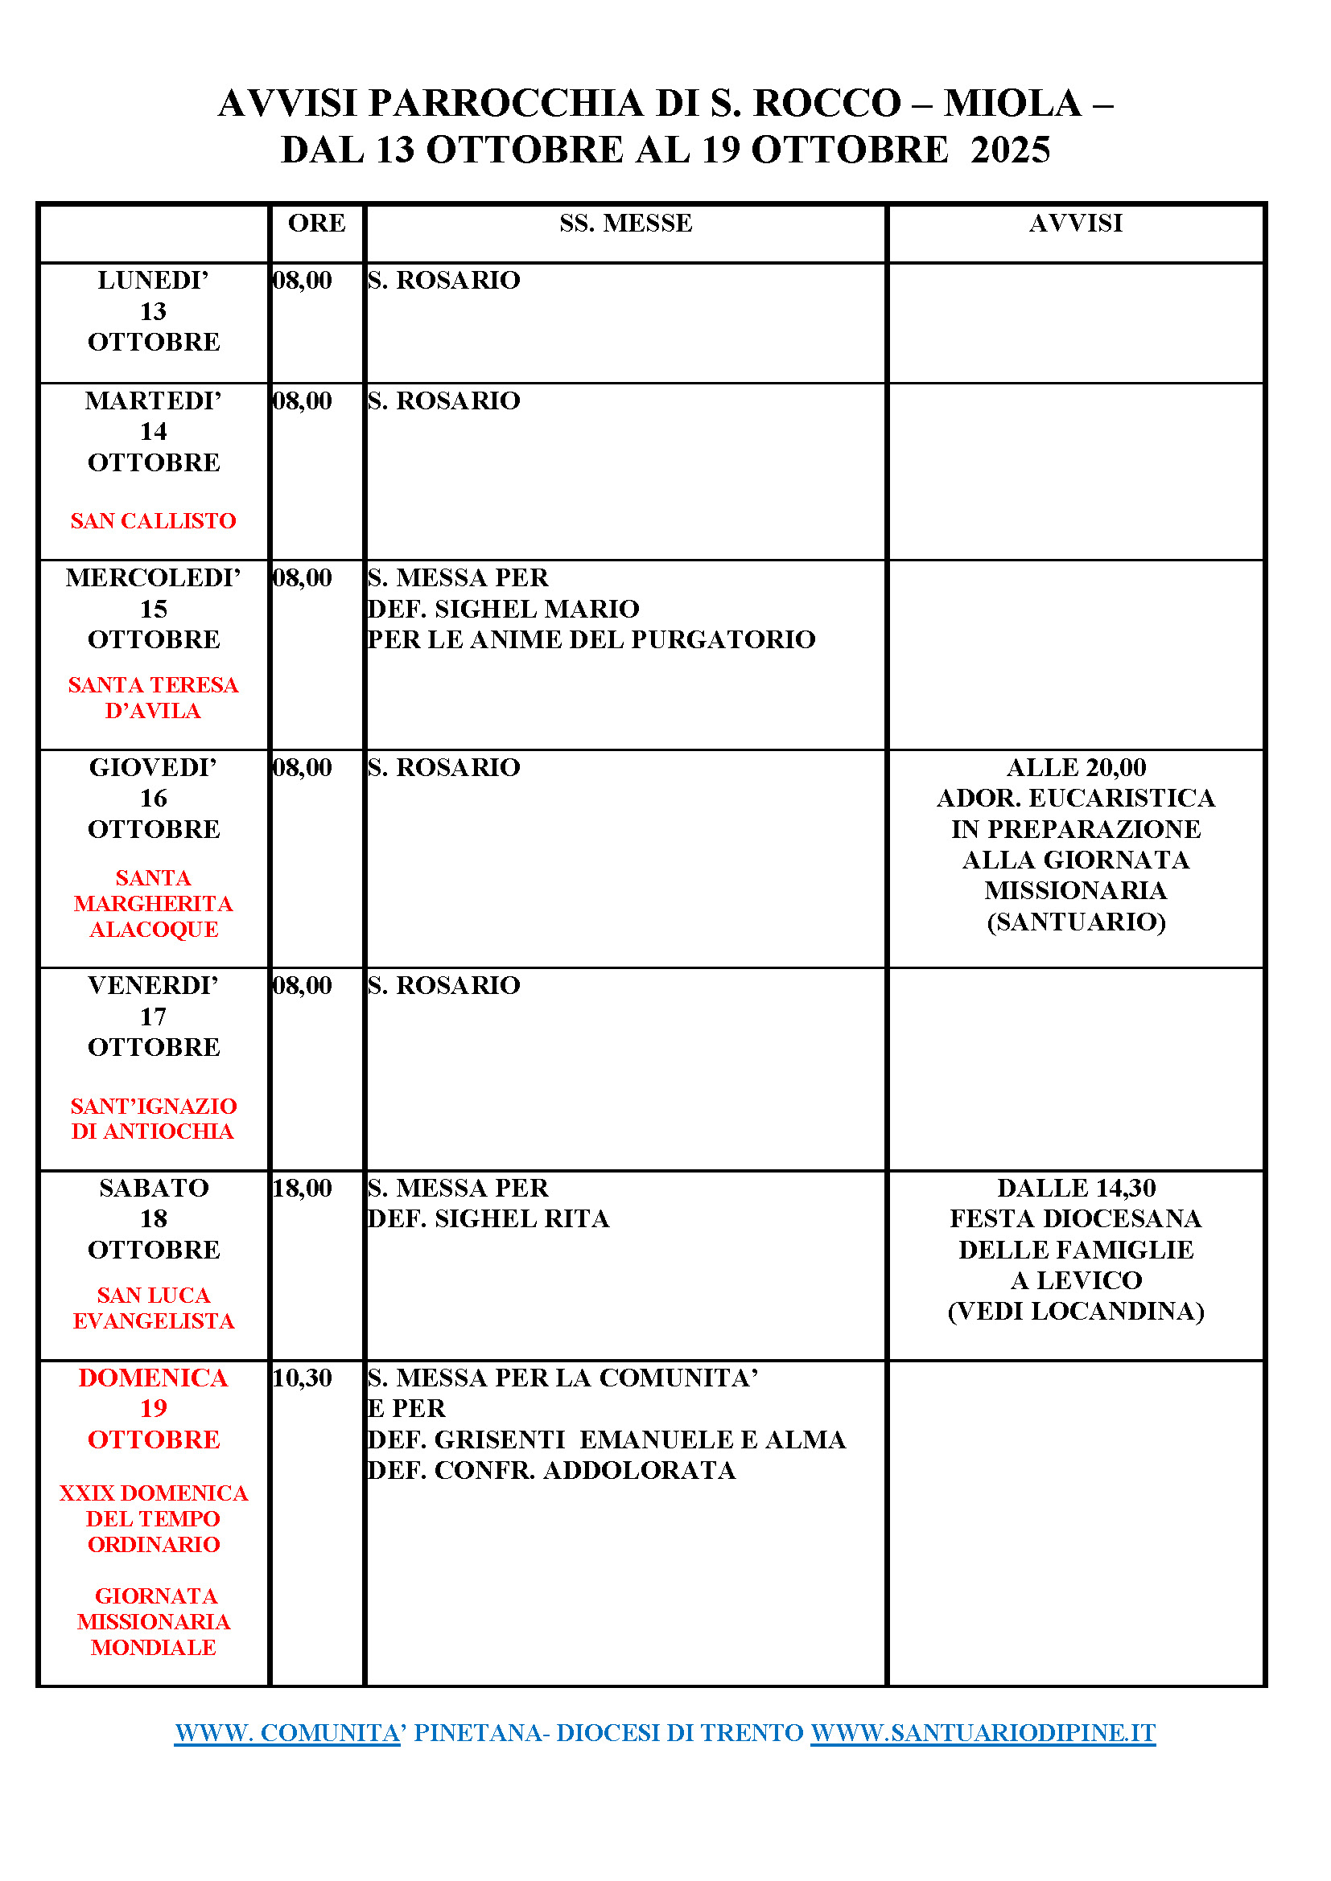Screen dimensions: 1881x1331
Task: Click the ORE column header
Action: pyautogui.click(x=316, y=223)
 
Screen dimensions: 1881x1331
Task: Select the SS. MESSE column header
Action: pyautogui.click(x=625, y=223)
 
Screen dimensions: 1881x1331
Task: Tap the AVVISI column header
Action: pyautogui.click(x=1075, y=223)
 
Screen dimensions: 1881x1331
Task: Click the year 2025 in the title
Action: pyautogui.click(x=1010, y=150)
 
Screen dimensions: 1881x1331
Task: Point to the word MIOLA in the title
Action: pyautogui.click(x=1012, y=104)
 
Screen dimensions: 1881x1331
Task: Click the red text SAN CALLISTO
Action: pyautogui.click(x=153, y=521)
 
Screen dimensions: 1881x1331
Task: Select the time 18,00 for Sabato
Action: pyautogui.click(x=303, y=1188)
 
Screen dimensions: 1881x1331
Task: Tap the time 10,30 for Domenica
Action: pyautogui.click(x=303, y=1378)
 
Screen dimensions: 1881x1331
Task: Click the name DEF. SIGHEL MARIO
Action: pyautogui.click(x=503, y=609)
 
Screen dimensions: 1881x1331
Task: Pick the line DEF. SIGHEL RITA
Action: pyautogui.click(x=488, y=1219)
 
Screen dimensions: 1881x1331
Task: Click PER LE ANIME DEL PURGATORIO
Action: pyautogui.click(x=591, y=640)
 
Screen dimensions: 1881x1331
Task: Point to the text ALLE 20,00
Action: pyautogui.click(x=1075, y=768)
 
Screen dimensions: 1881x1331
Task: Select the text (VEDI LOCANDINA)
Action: pyautogui.click(x=1075, y=1312)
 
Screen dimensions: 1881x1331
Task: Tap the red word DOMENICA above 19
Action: pyautogui.click(x=153, y=1378)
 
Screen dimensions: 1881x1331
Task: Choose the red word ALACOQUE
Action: pyautogui.click(x=153, y=930)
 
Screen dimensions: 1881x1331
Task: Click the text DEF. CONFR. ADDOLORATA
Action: pyautogui.click(x=551, y=1471)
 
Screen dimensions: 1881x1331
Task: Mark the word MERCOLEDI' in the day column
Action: pyautogui.click(x=153, y=577)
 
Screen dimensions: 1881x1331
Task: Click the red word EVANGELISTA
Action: pyautogui.click(x=153, y=1321)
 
